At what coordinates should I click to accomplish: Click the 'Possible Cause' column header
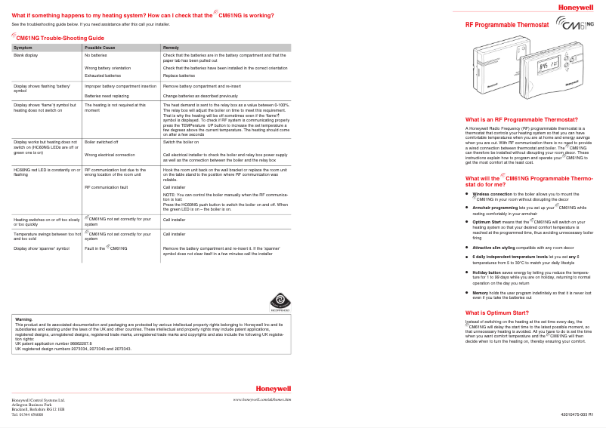pyautogui.click(x=100, y=48)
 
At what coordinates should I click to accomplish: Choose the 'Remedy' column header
pyautogui.click(x=171, y=48)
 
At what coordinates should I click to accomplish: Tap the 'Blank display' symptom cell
pyautogui.click(x=26, y=55)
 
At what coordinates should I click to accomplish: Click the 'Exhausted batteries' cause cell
pyautogui.click(x=103, y=75)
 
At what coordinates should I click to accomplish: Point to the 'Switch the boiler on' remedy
pyautogui.click(x=181, y=142)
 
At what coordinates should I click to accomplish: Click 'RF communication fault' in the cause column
pyautogui.click(x=107, y=186)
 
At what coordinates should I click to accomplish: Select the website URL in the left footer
pyautogui.click(x=262, y=398)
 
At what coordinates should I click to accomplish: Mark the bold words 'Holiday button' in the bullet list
pyautogui.click(x=488, y=272)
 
